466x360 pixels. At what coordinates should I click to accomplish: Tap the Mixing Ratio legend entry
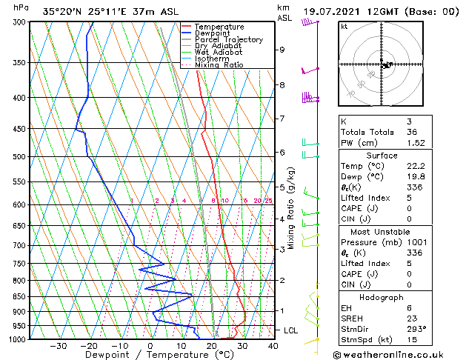point(219,65)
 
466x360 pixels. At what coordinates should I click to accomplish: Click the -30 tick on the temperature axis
point(59,346)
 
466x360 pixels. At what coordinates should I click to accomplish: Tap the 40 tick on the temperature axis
point(273,346)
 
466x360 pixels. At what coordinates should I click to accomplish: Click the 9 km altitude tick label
point(282,50)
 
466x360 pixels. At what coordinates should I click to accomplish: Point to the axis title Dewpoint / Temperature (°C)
point(150,355)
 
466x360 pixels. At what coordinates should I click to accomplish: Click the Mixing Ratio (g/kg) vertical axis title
point(292,207)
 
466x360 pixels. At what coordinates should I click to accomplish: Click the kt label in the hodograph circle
point(344,26)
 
